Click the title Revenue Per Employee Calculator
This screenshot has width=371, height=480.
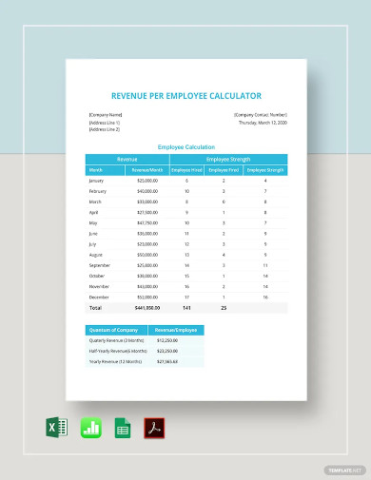click(x=185, y=95)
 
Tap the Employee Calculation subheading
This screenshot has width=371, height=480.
click(x=185, y=147)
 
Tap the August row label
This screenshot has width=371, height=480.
click(x=96, y=255)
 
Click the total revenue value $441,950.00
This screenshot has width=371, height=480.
click(x=146, y=308)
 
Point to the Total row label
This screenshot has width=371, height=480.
click(x=94, y=308)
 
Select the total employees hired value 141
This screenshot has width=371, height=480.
click(x=186, y=308)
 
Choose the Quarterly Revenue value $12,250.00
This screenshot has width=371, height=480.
click(x=168, y=340)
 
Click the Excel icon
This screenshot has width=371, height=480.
click(x=56, y=428)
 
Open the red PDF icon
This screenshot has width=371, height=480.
click(x=154, y=428)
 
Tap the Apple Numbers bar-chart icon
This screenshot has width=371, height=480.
click(x=90, y=428)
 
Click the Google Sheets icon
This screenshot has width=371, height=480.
click(x=123, y=428)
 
